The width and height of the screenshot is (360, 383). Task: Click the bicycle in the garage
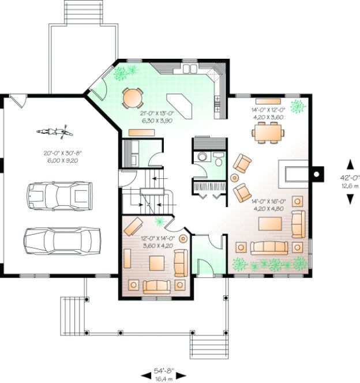click(52, 132)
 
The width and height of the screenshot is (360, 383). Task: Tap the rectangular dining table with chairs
click(268, 133)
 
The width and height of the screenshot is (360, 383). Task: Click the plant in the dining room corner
click(298, 106)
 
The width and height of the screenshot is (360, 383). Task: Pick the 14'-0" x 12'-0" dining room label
click(268, 113)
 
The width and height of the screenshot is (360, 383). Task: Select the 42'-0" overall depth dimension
click(350, 182)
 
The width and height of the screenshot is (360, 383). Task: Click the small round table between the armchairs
click(235, 176)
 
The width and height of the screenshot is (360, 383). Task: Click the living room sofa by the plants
click(269, 247)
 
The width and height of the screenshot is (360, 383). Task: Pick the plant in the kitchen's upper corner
click(126, 72)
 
